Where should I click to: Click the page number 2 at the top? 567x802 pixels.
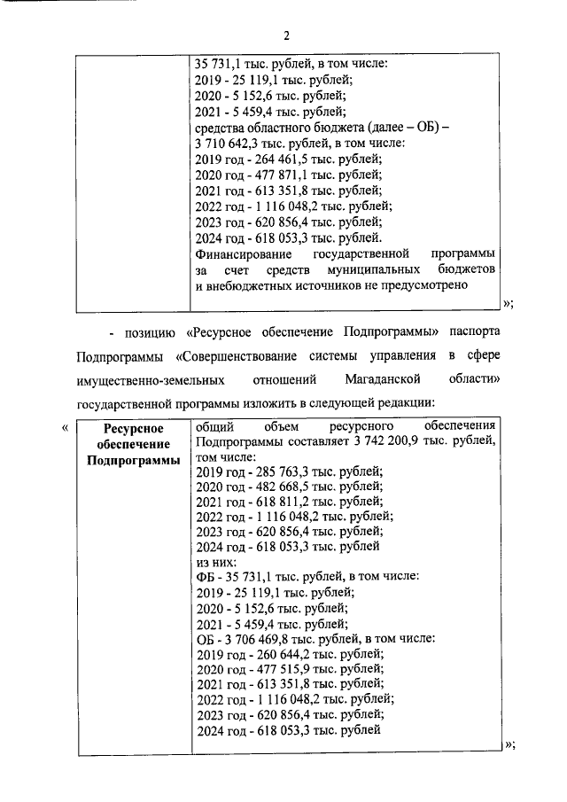[286, 36]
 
